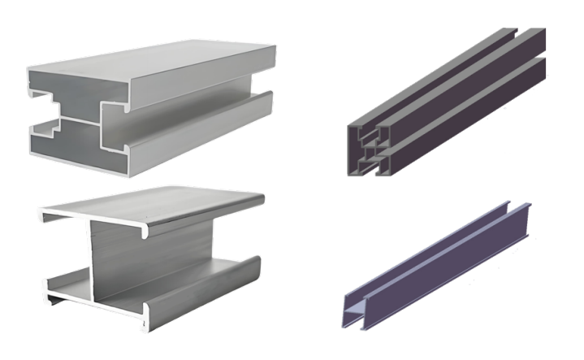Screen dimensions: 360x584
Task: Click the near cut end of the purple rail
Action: [x=357, y=306]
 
